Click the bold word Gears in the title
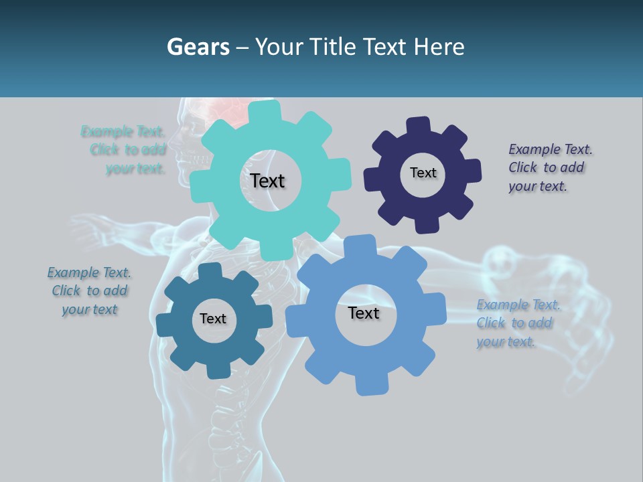point(197,48)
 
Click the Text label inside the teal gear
point(267,181)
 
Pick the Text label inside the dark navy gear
point(423,173)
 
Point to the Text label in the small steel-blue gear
point(213,319)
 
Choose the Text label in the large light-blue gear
point(364,313)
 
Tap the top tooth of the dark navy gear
point(419,125)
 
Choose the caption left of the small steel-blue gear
point(90,291)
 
